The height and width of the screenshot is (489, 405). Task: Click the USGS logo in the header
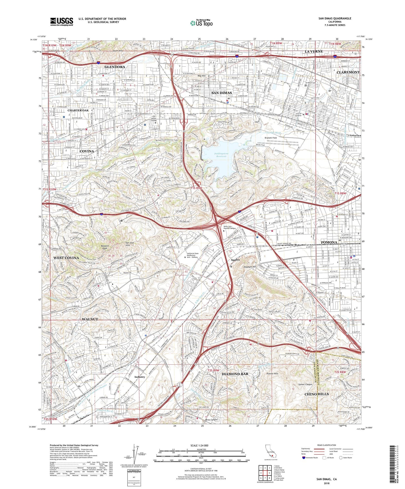click(x=62, y=22)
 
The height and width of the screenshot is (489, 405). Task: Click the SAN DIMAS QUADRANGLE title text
click(x=335, y=18)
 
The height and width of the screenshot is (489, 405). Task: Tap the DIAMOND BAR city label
click(x=235, y=374)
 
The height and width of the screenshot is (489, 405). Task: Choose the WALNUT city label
click(x=90, y=319)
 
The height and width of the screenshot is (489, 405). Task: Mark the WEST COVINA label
click(x=66, y=258)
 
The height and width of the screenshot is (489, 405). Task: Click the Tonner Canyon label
click(x=305, y=384)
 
